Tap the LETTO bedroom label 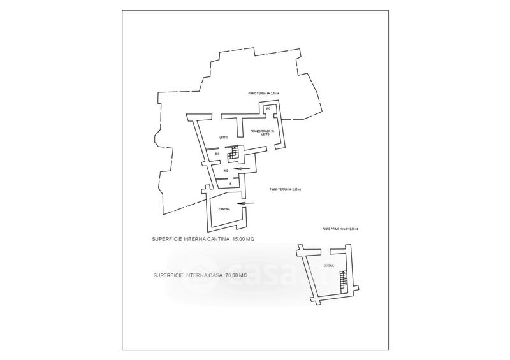(222, 138)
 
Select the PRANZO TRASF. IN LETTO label (261, 133)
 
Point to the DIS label (217, 154)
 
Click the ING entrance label (226, 171)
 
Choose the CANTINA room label (224, 210)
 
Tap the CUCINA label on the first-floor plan (328, 265)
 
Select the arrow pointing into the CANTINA (245, 204)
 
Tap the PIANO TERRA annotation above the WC (264, 93)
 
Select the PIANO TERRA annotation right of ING (285, 189)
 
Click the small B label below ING (222, 184)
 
